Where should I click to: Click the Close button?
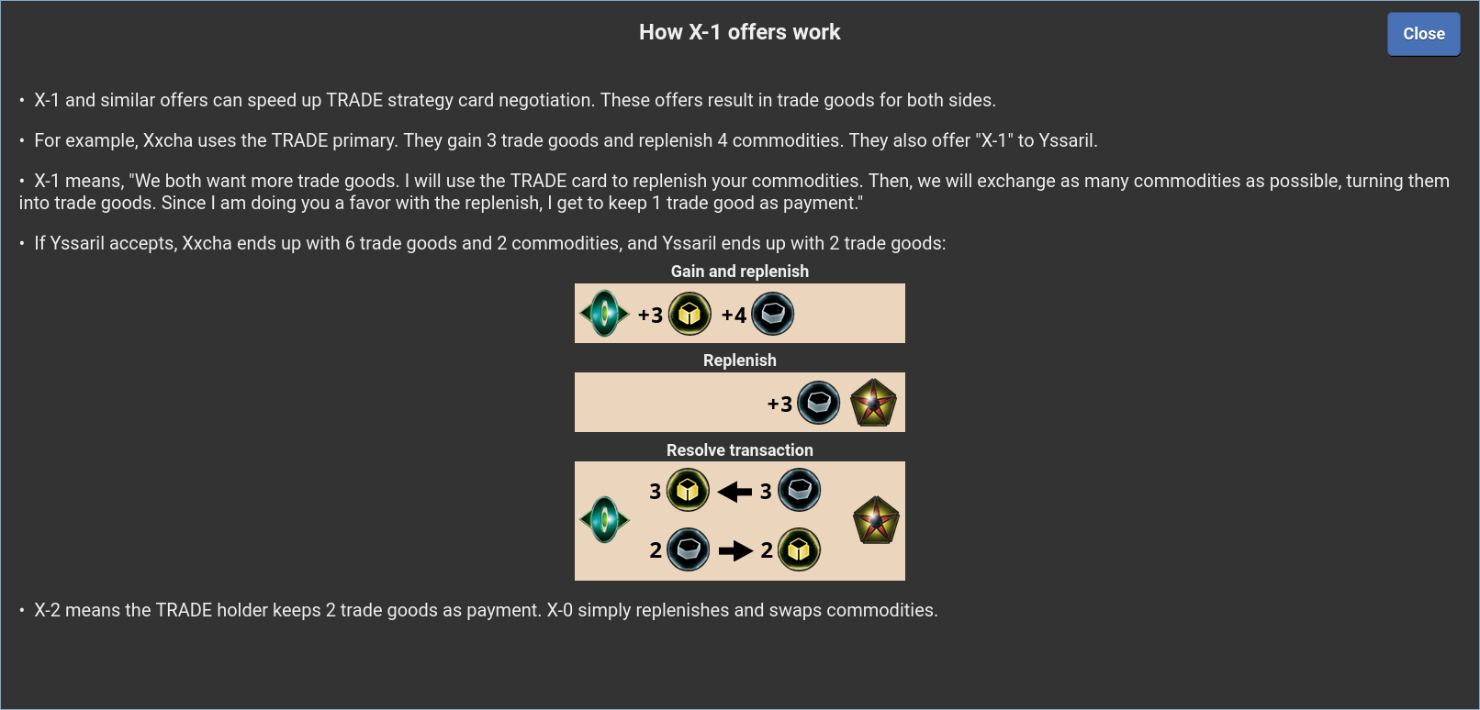pos(1423,34)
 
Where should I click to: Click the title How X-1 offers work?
pos(739,32)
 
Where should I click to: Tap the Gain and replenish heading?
pos(739,272)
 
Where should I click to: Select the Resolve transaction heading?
pos(739,450)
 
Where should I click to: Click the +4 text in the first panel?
pos(734,316)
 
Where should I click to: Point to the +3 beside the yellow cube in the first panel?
pos(650,316)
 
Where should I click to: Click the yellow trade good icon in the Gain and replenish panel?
pos(690,314)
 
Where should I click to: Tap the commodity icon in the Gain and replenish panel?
pos(772,314)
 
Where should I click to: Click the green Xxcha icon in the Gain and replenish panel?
pos(604,314)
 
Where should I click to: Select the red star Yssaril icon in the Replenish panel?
pos(873,403)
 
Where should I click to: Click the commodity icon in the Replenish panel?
pos(819,403)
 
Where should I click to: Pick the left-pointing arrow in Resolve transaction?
pos(734,492)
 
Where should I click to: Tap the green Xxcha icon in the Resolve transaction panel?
pos(604,520)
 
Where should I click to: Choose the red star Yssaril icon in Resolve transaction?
pos(876,520)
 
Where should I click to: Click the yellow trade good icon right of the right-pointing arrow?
pos(799,549)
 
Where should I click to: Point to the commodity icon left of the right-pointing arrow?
pos(688,549)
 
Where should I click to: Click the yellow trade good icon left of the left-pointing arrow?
pos(688,490)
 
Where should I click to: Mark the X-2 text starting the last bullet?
pos(47,610)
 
